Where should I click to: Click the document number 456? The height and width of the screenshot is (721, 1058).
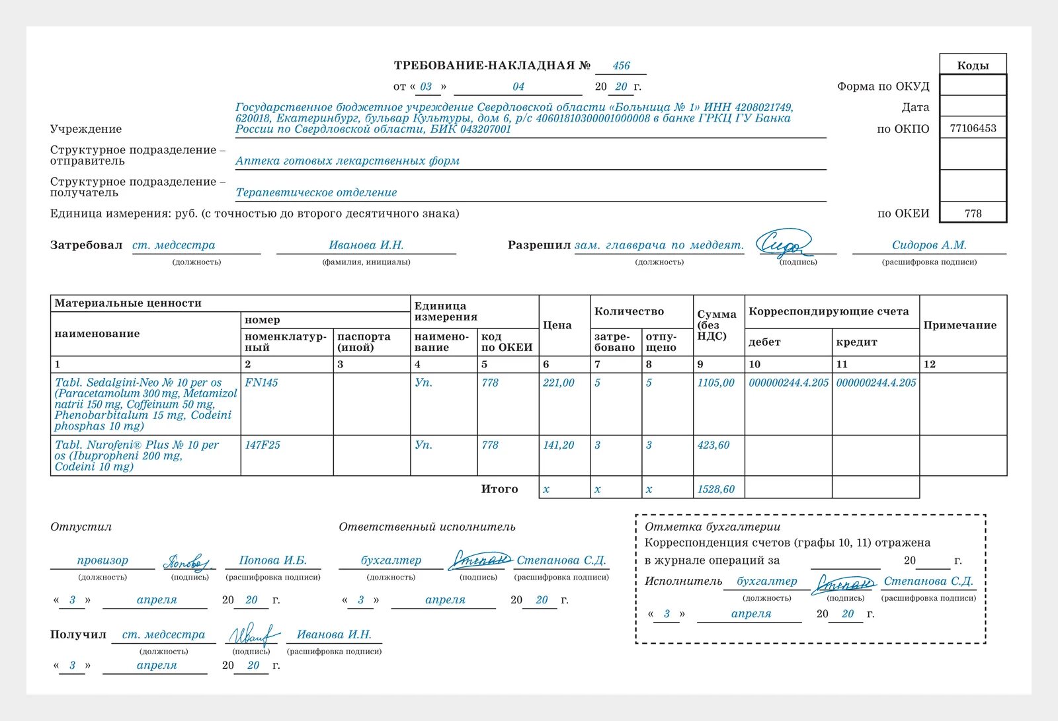point(621,66)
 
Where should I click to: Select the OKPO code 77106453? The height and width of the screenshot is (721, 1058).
point(973,128)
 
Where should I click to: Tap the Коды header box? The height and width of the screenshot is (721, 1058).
point(973,65)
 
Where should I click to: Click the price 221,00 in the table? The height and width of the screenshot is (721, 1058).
point(558,383)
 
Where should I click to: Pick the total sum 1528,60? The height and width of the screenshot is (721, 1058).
point(715,489)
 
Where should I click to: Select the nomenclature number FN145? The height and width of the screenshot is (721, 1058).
point(261,383)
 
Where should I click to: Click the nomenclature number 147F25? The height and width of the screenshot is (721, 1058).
point(263,445)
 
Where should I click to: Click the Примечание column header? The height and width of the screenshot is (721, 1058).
point(959,325)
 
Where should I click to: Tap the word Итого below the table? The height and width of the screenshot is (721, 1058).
point(499,489)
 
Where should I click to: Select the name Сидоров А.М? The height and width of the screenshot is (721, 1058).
point(929,245)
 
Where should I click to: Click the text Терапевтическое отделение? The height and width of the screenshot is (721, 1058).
point(316,192)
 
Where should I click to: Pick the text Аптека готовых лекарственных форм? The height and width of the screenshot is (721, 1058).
point(347,161)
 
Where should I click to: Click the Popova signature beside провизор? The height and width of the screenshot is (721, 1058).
point(188,562)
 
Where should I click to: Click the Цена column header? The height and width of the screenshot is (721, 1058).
point(557,325)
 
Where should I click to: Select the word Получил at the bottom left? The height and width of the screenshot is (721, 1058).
point(78,634)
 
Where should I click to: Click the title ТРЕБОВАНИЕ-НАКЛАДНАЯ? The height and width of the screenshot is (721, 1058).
point(485,65)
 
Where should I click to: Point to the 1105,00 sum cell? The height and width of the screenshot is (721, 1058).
point(715,383)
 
